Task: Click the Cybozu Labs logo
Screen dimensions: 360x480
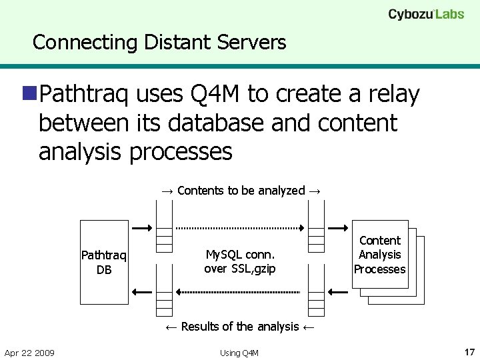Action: pos(426,14)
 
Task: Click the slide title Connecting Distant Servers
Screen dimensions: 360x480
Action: pos(159,43)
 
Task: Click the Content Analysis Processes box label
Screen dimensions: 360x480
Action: pos(380,255)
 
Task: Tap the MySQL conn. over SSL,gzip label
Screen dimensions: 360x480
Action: pos(240,261)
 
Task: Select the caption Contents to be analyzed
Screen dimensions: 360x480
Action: pos(241,191)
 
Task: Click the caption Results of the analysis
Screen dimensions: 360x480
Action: pos(240,326)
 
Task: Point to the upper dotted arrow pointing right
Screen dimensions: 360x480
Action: pos(240,227)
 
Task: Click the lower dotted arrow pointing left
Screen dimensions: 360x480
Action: pos(240,292)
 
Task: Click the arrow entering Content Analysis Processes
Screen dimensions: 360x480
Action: pos(339,227)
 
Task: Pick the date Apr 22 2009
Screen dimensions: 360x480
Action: pos(29,352)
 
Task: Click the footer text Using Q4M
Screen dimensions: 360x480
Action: pos(239,353)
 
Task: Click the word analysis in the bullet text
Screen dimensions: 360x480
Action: pos(81,152)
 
